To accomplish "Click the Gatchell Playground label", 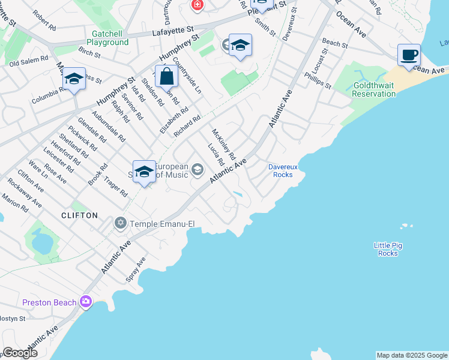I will (107, 38).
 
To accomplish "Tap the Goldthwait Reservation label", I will (373, 90).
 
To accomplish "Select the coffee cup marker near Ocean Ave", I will (409, 56).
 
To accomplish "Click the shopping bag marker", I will (166, 77).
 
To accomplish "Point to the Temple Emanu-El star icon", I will (120, 224).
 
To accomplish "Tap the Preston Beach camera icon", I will (86, 301).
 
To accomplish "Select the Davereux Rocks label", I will (280, 170).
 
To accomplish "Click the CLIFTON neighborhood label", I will (79, 215).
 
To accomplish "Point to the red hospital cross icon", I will (196, 5).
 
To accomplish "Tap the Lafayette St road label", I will (173, 28).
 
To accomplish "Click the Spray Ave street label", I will (136, 270).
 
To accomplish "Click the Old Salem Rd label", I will (29, 62).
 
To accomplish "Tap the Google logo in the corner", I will (20, 352).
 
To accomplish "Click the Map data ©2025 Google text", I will (412, 355).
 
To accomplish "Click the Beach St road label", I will (334, 44).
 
